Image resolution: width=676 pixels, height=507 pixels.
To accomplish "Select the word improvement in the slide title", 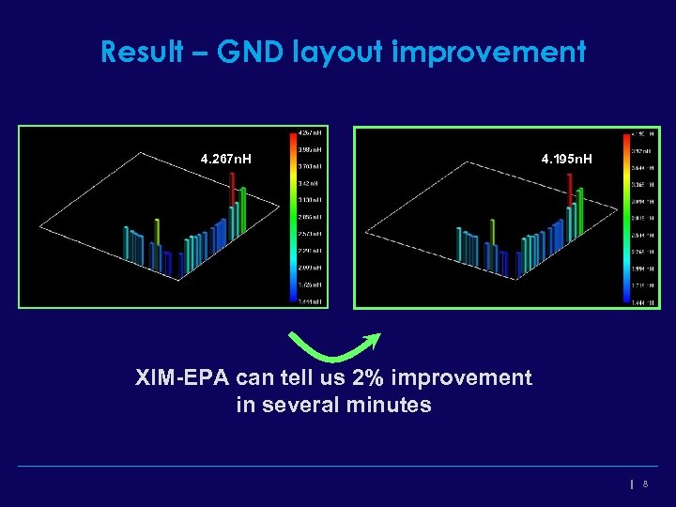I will tap(489, 52).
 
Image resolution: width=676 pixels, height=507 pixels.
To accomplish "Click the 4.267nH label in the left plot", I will tap(226, 159).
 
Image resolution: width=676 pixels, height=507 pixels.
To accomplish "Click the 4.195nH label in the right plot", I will tap(566, 159).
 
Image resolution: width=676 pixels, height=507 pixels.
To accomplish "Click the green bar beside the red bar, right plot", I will tap(581, 214).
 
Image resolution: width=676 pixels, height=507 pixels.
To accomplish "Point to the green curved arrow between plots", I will tap(333, 346).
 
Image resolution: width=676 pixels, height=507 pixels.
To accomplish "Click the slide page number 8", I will tap(645, 484).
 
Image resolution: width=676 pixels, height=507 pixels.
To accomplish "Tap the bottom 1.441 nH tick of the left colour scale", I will tap(311, 301).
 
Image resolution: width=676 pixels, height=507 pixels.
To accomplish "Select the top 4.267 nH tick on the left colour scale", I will tap(311, 132).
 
